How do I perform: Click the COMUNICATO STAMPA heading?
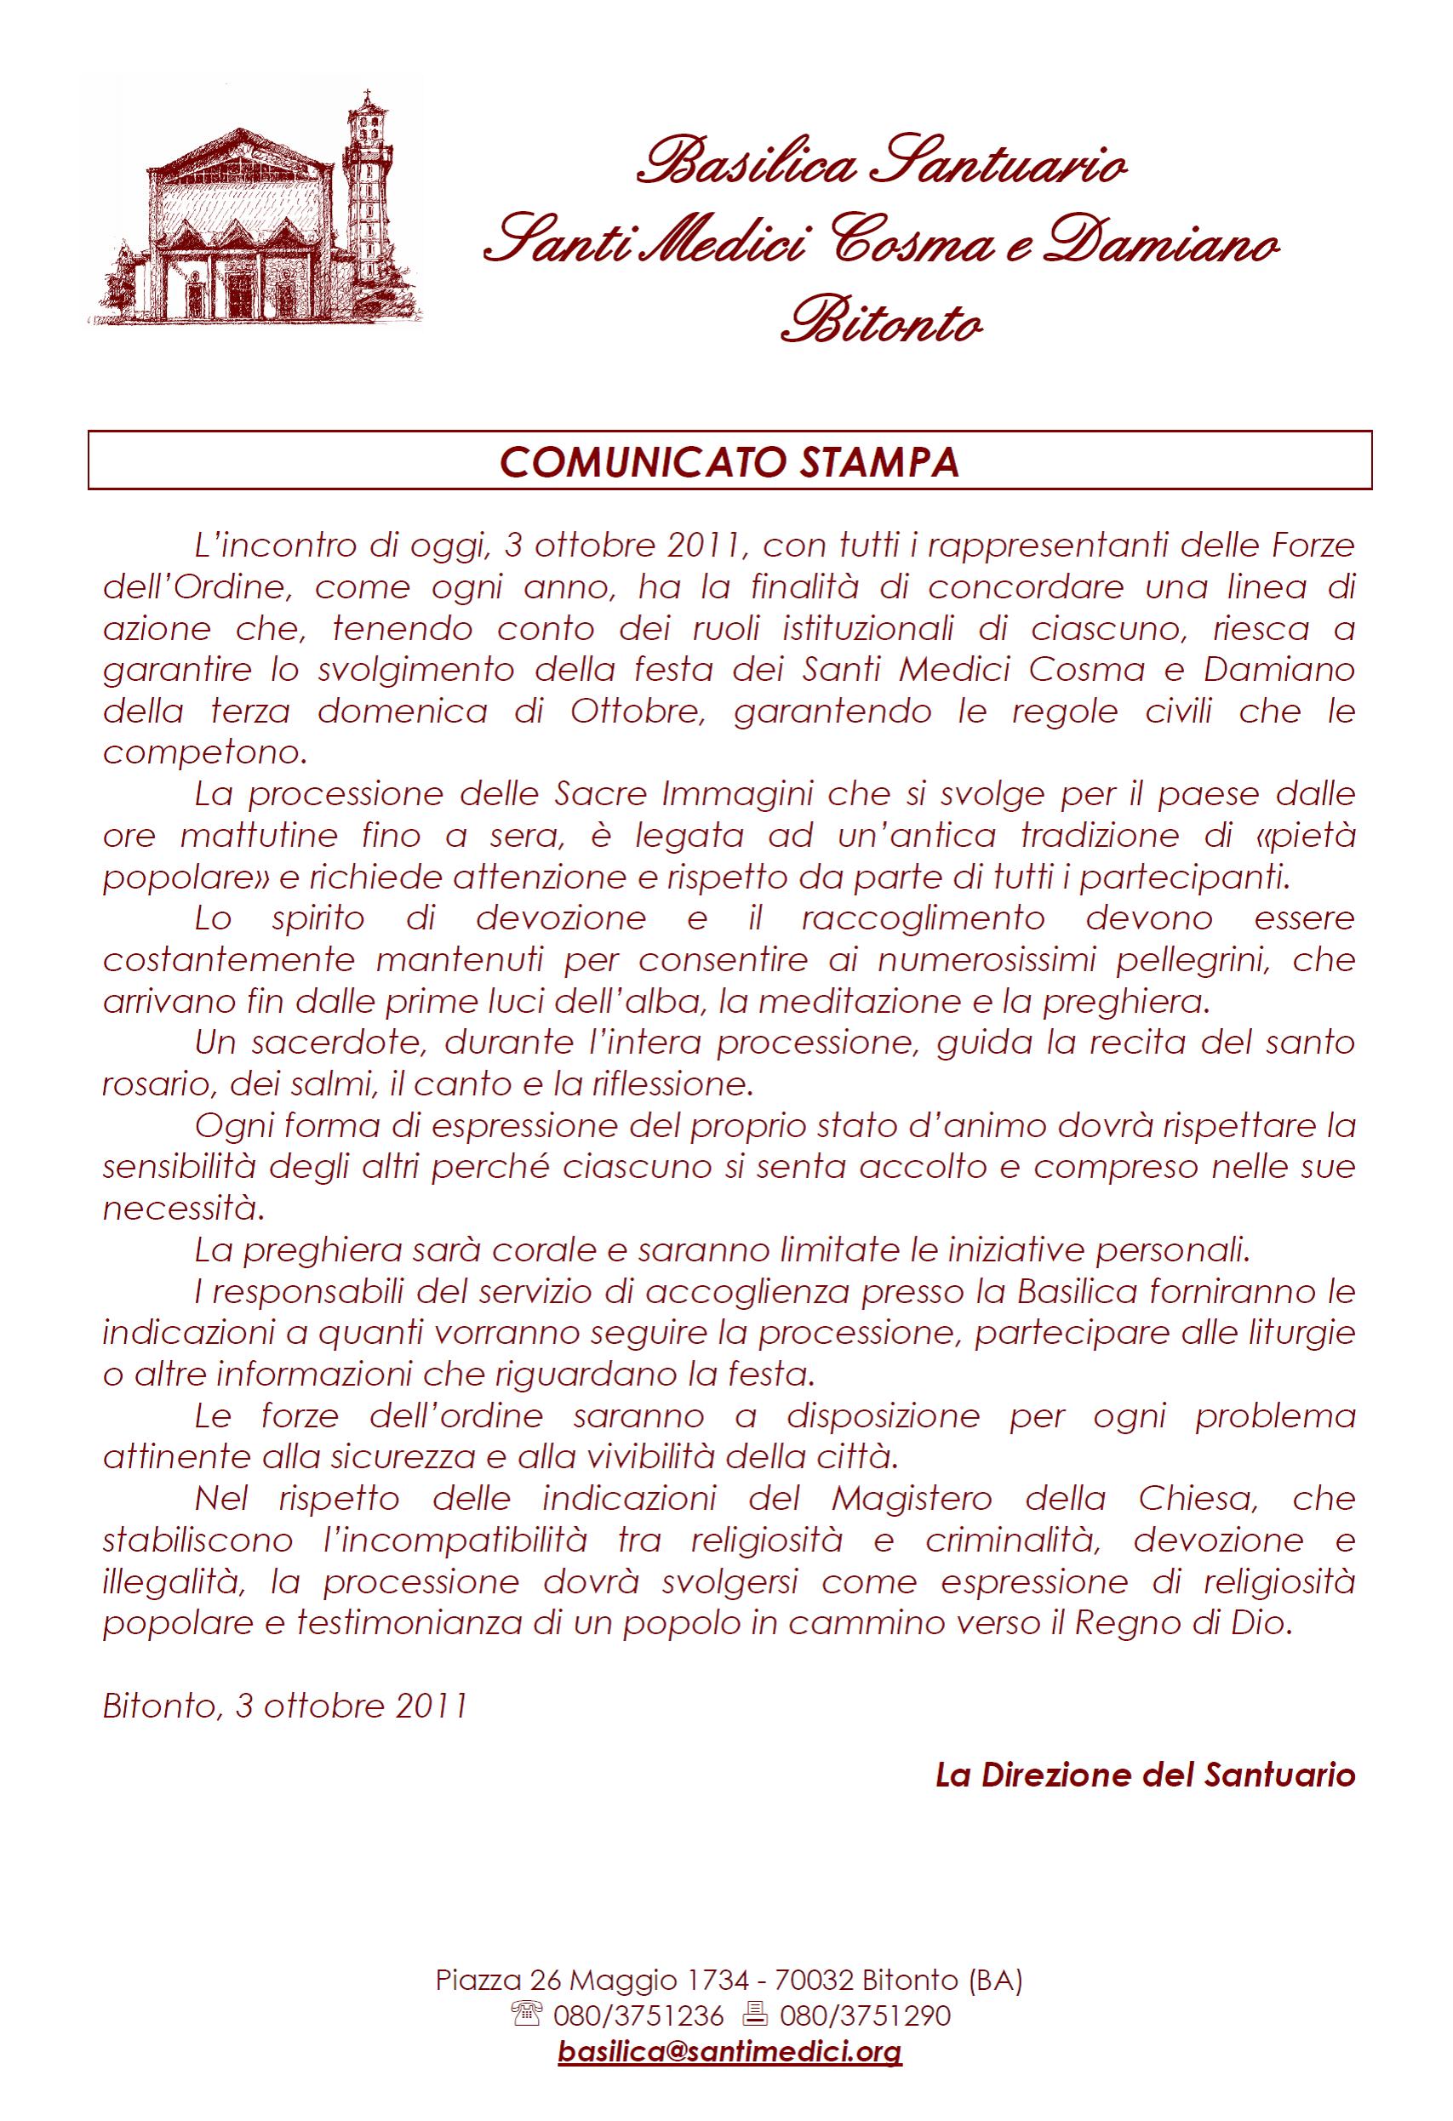tap(729, 463)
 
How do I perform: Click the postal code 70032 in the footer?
tap(813, 1980)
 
